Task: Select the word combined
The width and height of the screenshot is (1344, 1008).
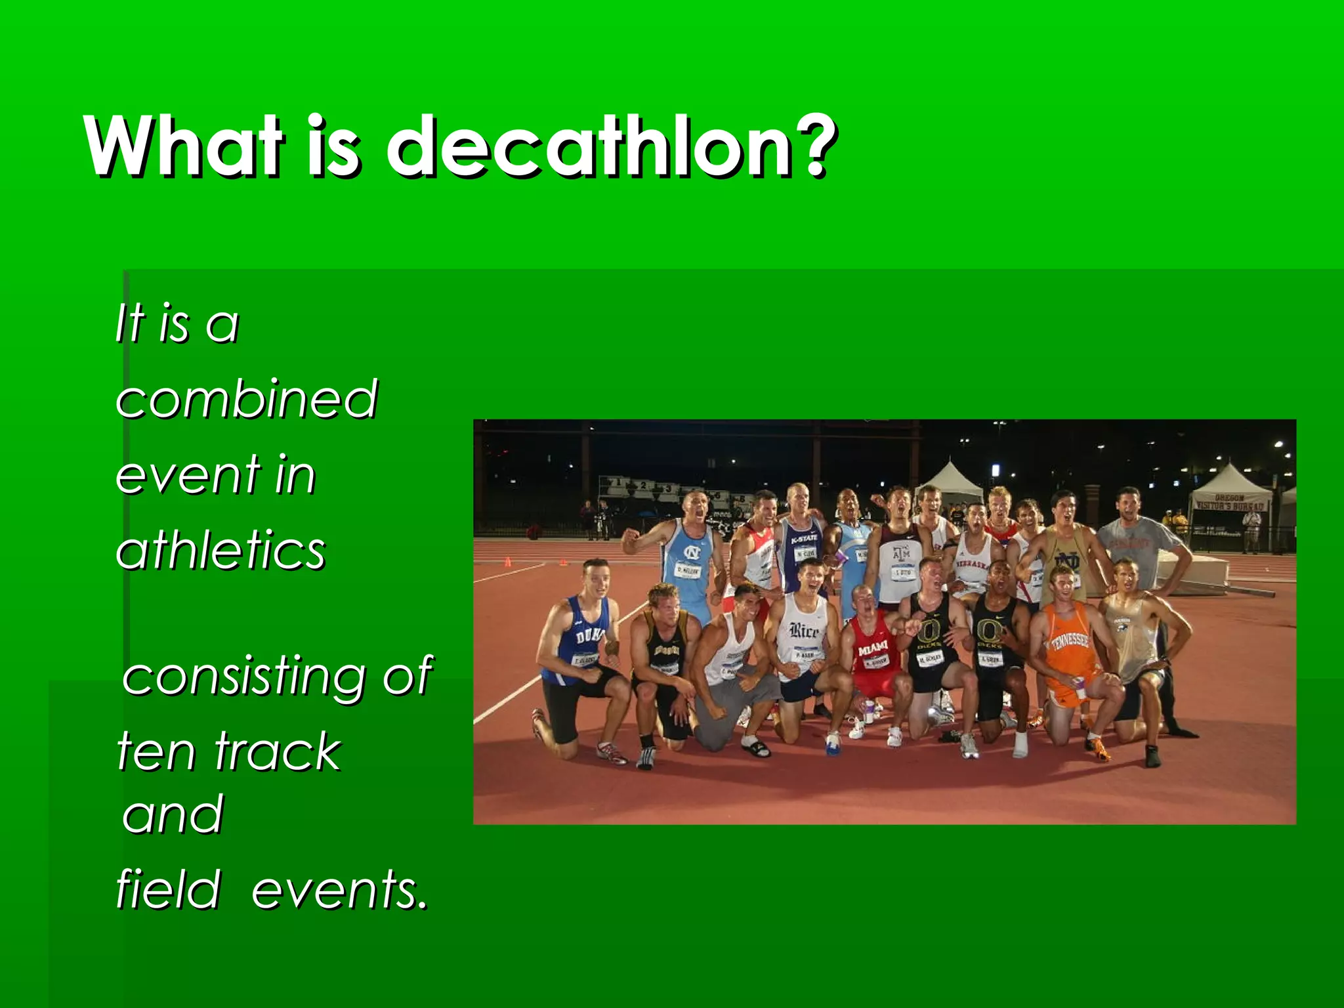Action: tap(247, 398)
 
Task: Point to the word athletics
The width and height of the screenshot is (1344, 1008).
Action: tap(220, 550)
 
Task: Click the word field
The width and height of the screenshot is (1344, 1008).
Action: tap(168, 890)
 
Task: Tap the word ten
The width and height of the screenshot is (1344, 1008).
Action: tap(155, 751)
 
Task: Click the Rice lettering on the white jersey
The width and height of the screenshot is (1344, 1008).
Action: tap(803, 631)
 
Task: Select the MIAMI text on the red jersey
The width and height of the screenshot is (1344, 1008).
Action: tap(873, 650)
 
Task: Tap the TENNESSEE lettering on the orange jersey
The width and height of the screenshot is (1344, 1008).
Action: tap(1069, 640)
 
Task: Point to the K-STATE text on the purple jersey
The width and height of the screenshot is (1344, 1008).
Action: tap(804, 539)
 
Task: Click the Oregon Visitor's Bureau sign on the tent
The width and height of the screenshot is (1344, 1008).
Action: tap(1228, 503)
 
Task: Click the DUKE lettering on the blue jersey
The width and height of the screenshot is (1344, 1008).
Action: tap(587, 635)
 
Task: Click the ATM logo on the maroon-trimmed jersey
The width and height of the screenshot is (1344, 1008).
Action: tap(901, 555)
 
